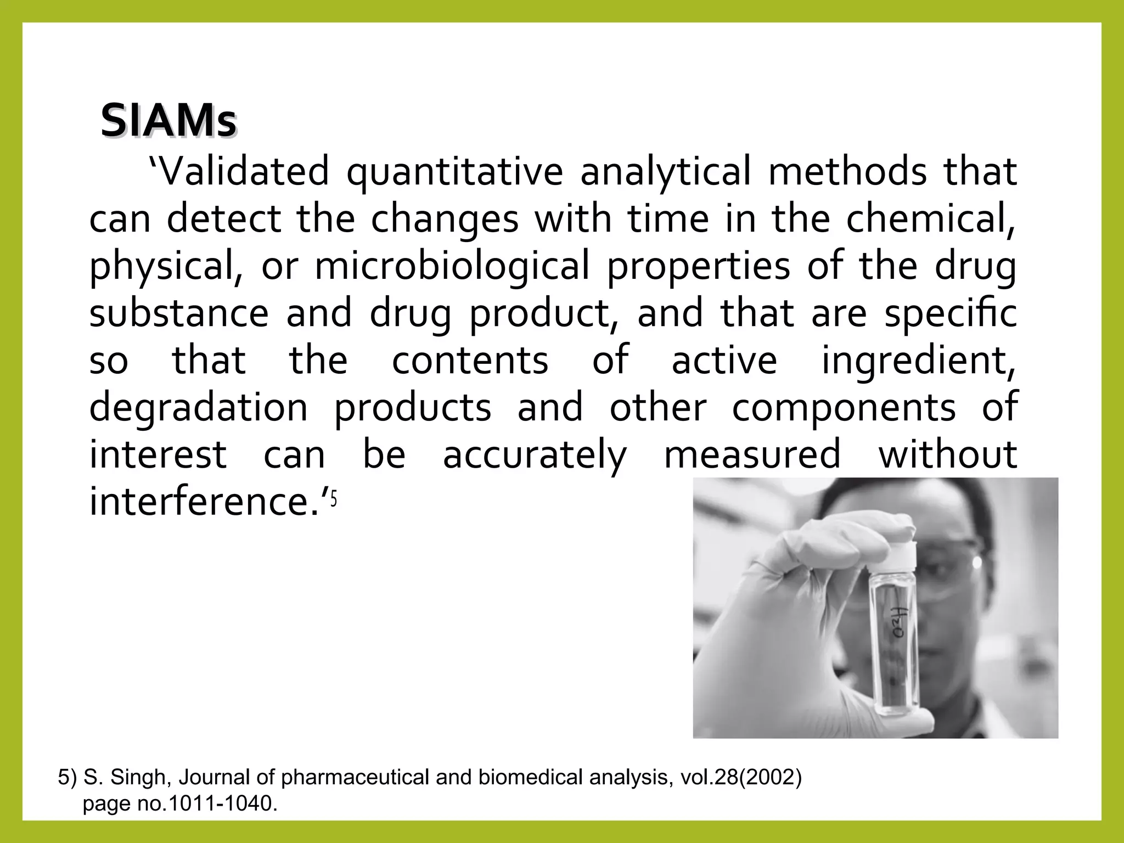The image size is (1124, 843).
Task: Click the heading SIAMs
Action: coord(168,121)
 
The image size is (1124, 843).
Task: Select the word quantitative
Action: coord(454,172)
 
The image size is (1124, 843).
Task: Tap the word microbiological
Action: coord(452,266)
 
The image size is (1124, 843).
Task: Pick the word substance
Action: coord(179,313)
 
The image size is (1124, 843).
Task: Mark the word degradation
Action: coord(199,408)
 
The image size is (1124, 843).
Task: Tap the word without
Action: coord(948,454)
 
